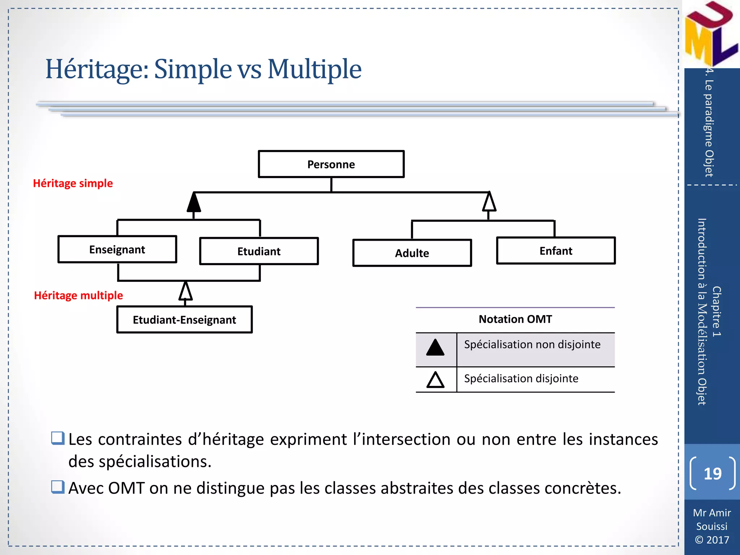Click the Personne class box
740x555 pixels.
pyautogui.click(x=331, y=164)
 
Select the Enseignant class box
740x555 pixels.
pyautogui.click(x=117, y=249)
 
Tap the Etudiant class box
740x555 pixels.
pyautogui.click(x=259, y=251)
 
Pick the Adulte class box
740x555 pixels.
pyautogui.click(x=412, y=253)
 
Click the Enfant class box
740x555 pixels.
pyautogui.click(x=556, y=251)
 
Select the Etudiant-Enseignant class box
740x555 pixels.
pyautogui.click(x=184, y=320)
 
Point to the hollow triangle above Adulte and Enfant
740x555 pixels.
pyautogui.click(x=489, y=202)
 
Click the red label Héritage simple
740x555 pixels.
pyautogui.click(x=73, y=183)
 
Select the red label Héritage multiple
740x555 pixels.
pyautogui.click(x=78, y=296)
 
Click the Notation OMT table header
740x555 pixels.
pyautogui.click(x=515, y=319)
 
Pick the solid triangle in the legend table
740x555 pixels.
pyautogui.click(x=435, y=348)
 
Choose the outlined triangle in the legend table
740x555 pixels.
pyautogui.click(x=435, y=380)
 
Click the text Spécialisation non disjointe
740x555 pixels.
pyautogui.click(x=532, y=344)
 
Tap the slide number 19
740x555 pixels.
pyautogui.click(x=712, y=474)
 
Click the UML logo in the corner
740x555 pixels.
pyautogui.click(x=710, y=34)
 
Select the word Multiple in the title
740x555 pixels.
pyautogui.click(x=314, y=69)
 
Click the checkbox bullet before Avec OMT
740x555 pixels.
pyautogui.click(x=58, y=487)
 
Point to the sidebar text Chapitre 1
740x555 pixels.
pyautogui.click(x=717, y=311)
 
